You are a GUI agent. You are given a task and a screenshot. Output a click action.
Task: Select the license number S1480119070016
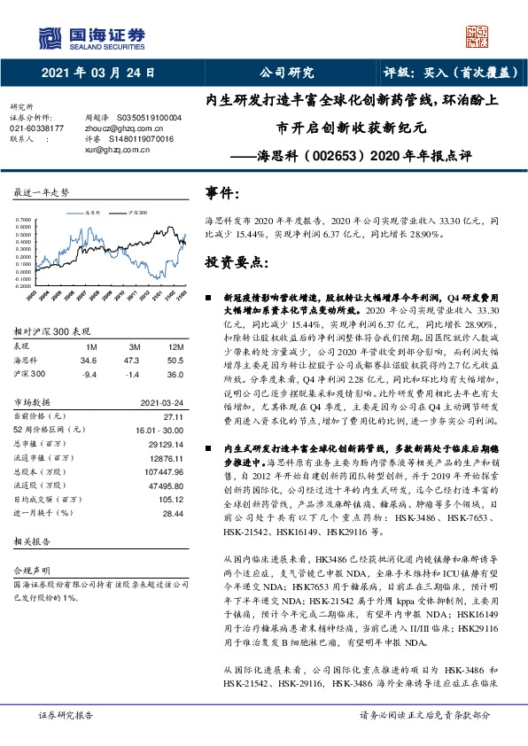click(140, 138)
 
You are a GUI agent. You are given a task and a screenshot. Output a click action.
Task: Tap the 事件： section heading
click(222, 193)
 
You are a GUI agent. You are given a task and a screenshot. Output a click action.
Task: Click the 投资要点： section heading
click(235, 263)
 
